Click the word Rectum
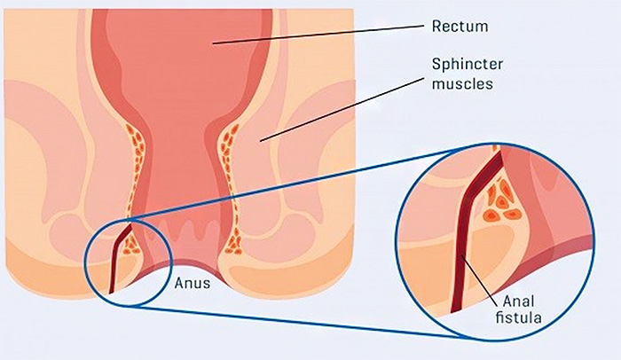[460, 26]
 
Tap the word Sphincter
[468, 64]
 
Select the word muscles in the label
[462, 83]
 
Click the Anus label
[193, 283]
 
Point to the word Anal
[518, 301]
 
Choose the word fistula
[518, 317]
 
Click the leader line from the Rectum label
[318, 35]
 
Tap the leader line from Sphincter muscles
[342, 109]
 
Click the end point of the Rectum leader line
[213, 43]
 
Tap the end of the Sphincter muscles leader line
[260, 141]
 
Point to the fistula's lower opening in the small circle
[111, 293]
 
